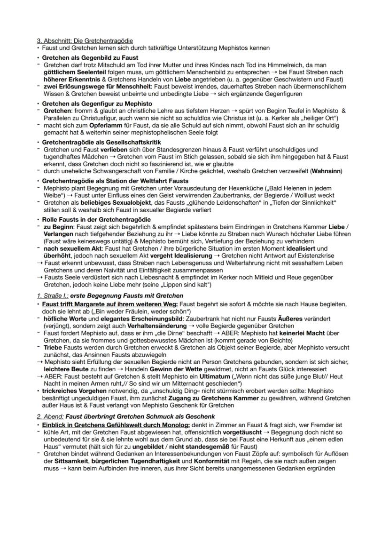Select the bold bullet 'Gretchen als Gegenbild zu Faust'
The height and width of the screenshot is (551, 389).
(x=90, y=58)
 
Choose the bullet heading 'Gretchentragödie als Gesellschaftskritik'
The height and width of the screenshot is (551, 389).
(x=101, y=142)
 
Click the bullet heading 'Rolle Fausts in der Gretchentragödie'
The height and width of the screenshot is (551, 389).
(x=95, y=219)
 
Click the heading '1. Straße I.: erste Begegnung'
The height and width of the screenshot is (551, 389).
(x=110, y=295)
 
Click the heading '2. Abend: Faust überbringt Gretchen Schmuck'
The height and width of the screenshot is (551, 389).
(x=126, y=416)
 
